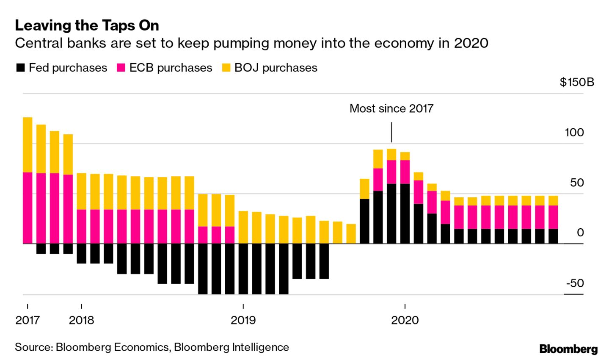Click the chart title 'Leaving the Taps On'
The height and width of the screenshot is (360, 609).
[87, 26]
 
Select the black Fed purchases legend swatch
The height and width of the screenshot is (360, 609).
[20, 68]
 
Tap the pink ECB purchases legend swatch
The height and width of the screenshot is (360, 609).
[121, 68]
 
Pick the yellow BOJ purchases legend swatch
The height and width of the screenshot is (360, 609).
[226, 68]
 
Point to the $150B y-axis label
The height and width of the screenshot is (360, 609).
[576, 82]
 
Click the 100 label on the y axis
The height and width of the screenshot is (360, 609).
[574, 133]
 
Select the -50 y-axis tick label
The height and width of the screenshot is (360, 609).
[575, 283]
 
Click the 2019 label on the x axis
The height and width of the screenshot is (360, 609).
[243, 320]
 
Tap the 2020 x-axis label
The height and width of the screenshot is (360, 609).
[405, 320]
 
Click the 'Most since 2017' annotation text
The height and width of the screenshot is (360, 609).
[391, 108]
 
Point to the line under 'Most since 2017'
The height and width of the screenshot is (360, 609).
[391, 133]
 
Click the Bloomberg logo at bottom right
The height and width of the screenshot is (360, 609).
[568, 349]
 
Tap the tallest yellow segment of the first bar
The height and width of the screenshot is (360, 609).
[28, 144]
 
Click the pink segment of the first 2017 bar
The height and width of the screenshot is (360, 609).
[28, 208]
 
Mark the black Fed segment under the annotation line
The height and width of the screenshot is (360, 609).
[391, 213]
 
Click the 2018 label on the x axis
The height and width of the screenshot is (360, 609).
[81, 320]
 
